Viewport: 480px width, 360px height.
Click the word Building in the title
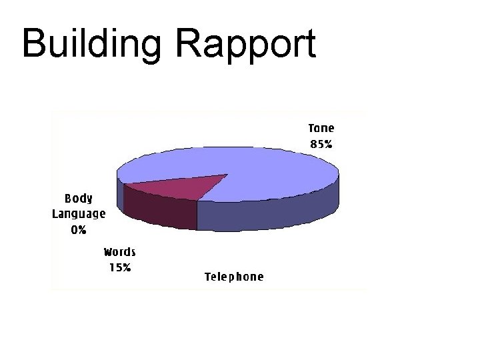coord(91,44)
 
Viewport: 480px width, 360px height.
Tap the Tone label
coord(321,128)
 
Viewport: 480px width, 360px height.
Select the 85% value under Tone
coord(321,143)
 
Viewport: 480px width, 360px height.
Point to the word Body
coord(78,198)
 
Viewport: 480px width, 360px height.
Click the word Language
coord(79,214)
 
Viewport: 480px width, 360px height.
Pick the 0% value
coord(78,230)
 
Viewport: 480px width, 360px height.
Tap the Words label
coord(120,252)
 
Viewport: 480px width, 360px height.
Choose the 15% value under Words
coord(120,267)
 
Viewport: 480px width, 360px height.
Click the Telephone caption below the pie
coord(234,277)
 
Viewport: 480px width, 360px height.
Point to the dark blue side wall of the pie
coord(267,213)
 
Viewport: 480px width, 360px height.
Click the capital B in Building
coord(33,44)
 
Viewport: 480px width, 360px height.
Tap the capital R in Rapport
coord(189,44)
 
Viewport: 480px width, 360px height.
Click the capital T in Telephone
coord(208,277)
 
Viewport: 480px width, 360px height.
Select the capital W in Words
coord(108,252)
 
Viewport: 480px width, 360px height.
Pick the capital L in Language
coord(56,214)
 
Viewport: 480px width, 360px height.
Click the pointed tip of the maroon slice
coord(227,175)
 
